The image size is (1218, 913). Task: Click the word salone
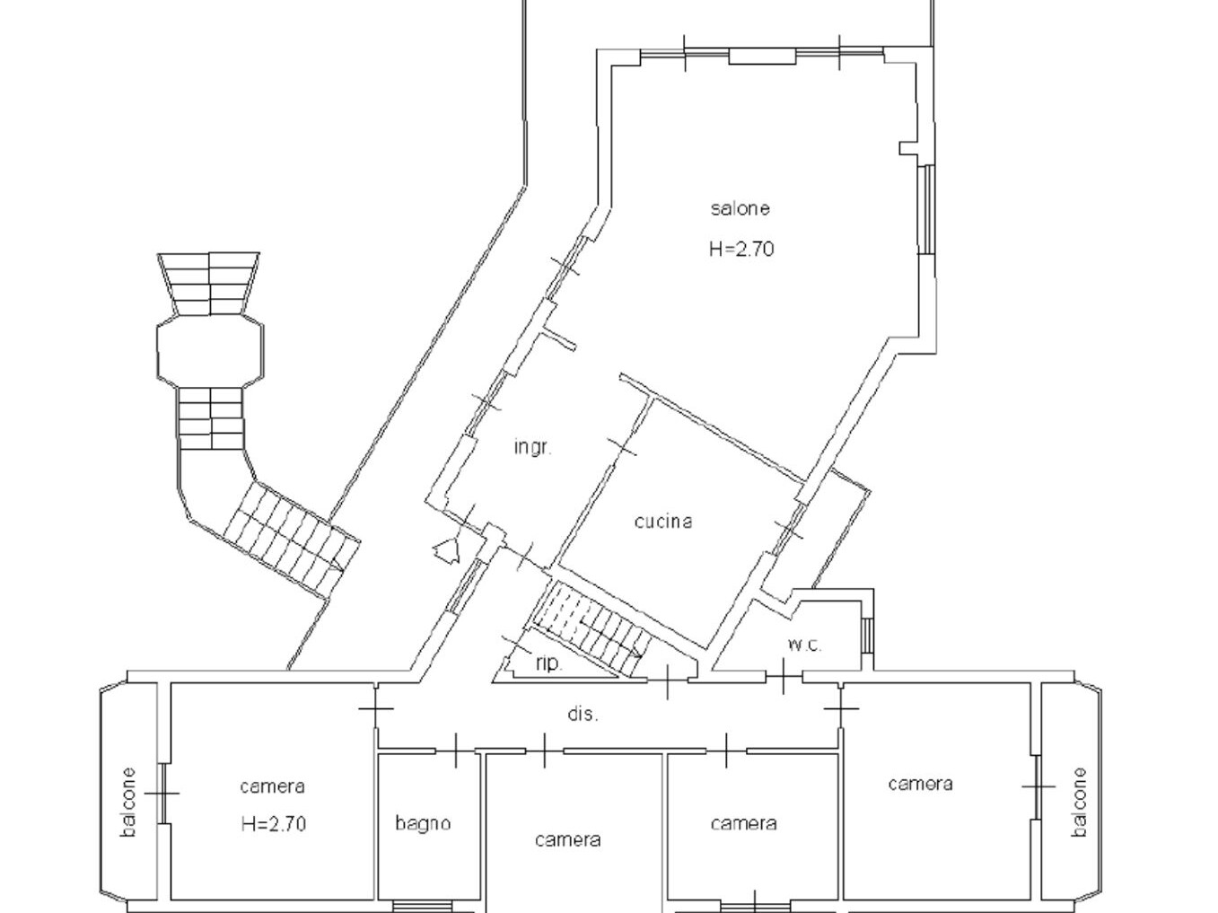740,208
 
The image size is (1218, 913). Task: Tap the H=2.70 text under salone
741,250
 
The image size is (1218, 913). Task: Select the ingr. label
533,448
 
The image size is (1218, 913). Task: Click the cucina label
663,522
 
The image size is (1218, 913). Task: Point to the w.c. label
804,645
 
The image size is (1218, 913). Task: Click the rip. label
549,663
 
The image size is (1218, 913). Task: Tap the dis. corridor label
583,714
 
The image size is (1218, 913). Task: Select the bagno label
423,823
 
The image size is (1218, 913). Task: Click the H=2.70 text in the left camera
274,824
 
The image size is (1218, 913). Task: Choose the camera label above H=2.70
273,786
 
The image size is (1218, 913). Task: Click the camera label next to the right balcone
921,784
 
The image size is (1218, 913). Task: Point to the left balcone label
128,802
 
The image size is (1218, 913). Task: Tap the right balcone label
1079,802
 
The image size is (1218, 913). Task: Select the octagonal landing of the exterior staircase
210,351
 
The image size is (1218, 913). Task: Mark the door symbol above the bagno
456,751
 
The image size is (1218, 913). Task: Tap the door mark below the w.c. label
783,676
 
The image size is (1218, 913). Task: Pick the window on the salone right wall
926,209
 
